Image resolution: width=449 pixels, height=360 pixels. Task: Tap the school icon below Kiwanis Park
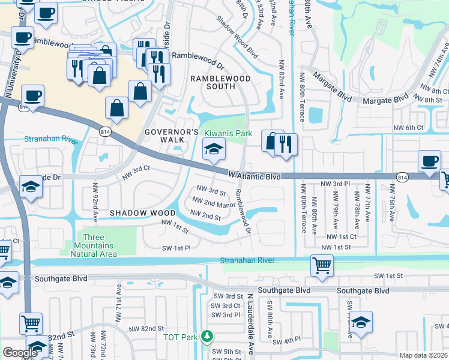213,150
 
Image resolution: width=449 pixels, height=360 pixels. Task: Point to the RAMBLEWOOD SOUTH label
212,82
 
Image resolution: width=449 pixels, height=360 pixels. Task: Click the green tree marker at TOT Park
206,337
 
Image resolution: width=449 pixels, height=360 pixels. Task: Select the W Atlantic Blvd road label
255,175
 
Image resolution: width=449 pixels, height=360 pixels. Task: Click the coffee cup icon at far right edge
429,161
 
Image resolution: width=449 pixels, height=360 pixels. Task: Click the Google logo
20,353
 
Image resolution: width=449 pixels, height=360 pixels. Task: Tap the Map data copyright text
423,355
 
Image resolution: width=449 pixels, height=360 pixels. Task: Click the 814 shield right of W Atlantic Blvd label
403,177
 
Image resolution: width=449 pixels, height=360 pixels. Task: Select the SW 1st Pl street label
176,247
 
